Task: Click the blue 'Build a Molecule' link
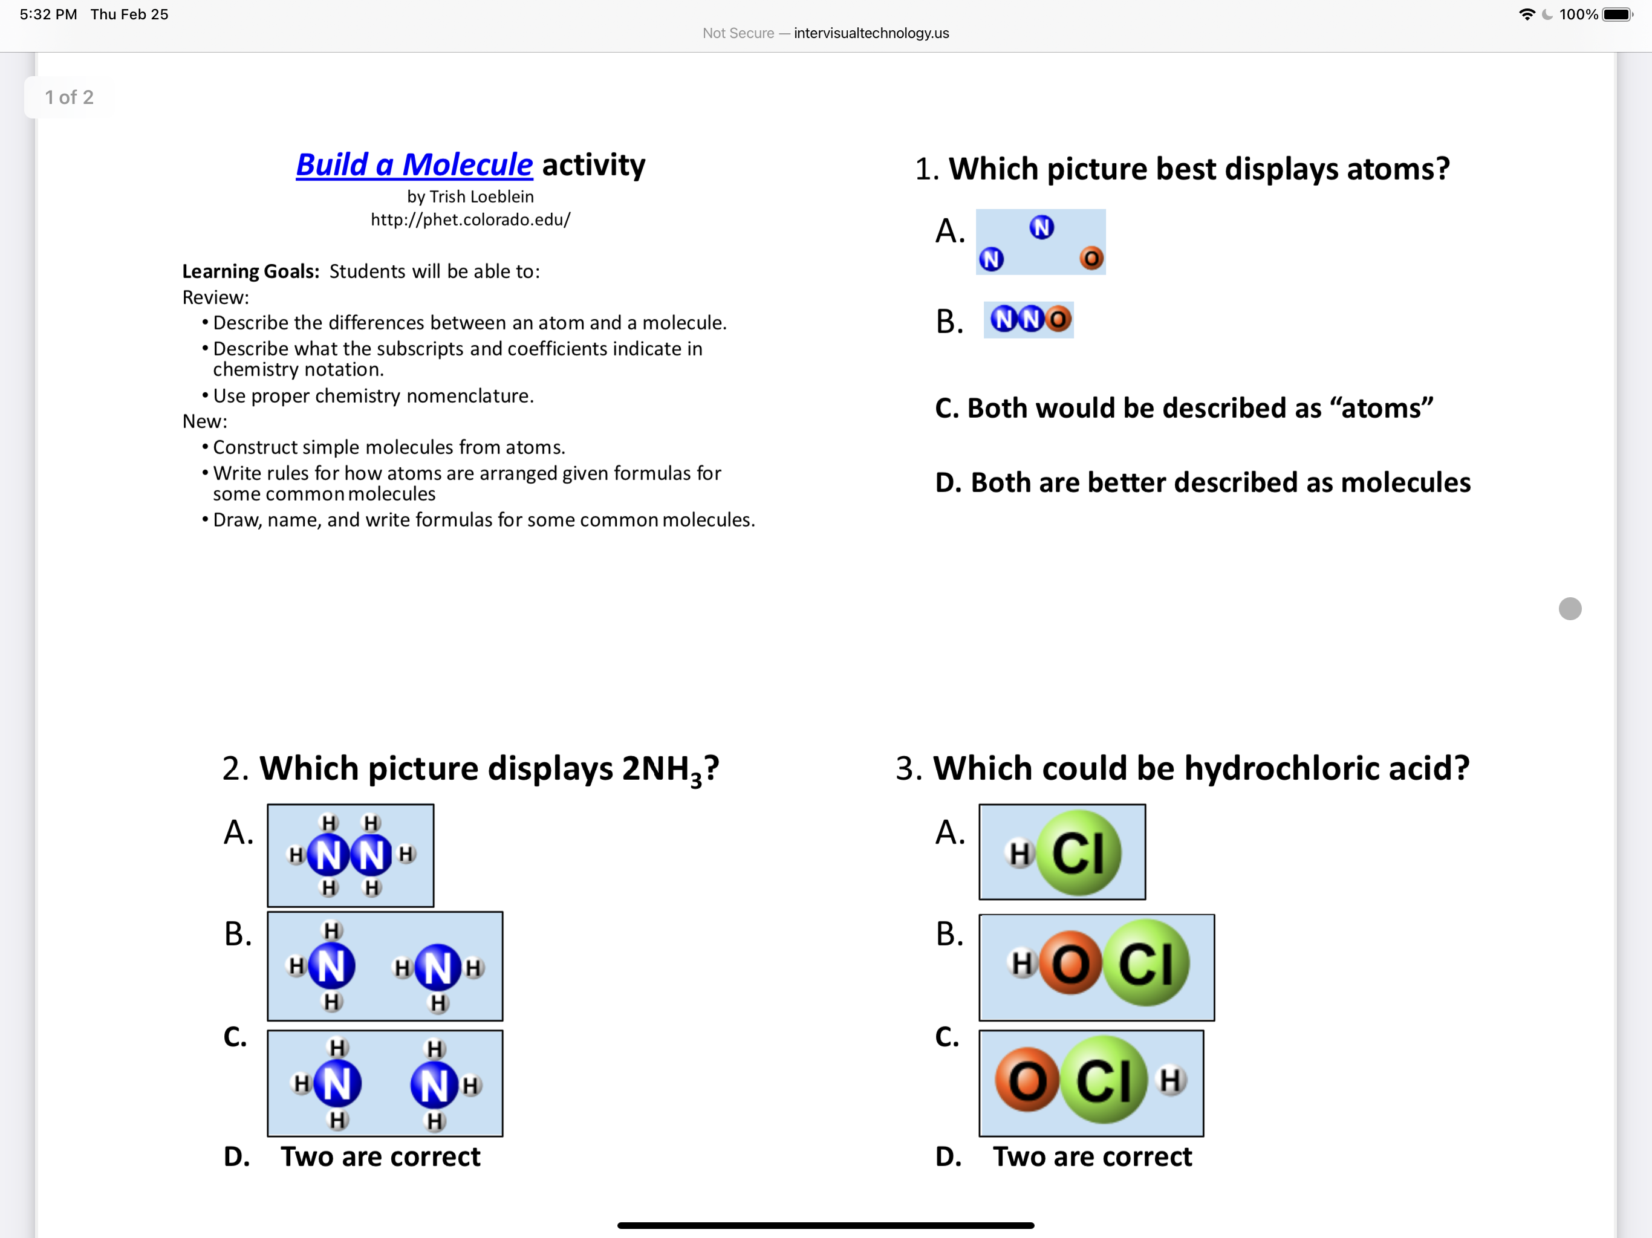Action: (x=414, y=165)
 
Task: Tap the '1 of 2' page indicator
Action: (x=69, y=98)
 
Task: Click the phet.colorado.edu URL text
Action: (x=470, y=219)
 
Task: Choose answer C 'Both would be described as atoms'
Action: (x=1184, y=409)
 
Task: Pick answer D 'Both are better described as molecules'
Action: (x=1202, y=482)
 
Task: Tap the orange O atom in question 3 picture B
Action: (x=1070, y=963)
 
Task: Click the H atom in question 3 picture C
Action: (x=1170, y=1080)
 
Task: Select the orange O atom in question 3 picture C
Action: (x=1027, y=1080)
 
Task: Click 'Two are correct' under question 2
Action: (x=380, y=1156)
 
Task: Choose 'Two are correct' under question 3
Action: (x=1092, y=1156)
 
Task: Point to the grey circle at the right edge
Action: (x=1570, y=609)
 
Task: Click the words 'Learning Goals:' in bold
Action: (x=250, y=271)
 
